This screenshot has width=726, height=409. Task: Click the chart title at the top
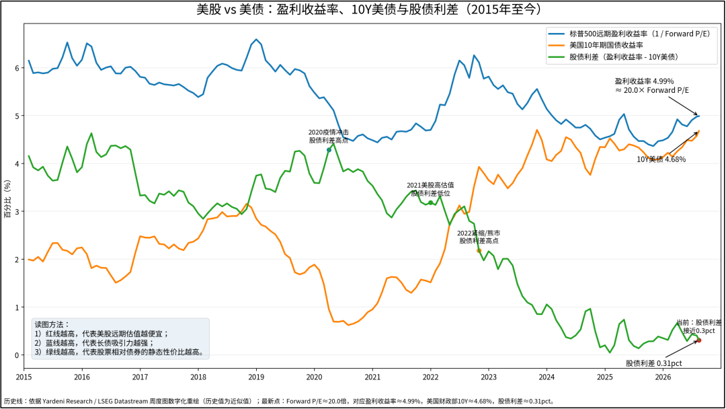point(368,9)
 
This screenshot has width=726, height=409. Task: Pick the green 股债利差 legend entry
point(614,57)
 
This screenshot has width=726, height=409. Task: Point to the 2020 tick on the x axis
point(315,377)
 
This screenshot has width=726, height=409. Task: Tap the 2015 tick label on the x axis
point(24,377)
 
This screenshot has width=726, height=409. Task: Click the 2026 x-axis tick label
point(663,377)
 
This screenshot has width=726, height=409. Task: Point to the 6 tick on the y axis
point(17,68)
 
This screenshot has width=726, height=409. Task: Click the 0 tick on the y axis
point(17,355)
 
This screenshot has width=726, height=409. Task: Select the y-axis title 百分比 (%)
point(7,199)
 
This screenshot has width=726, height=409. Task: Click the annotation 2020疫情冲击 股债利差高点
point(329,136)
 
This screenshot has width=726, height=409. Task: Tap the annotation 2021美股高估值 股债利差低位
point(430,189)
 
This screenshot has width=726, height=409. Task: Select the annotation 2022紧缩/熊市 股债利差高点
point(479,237)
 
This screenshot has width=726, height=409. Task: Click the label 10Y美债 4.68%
point(661,159)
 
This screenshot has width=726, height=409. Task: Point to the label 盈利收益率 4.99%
point(644,81)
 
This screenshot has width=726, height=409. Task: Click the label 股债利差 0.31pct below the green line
point(654,364)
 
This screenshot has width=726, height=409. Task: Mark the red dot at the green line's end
point(698,340)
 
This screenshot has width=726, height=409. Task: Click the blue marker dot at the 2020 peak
point(329,150)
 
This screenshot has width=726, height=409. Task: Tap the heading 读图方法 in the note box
point(52,325)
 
